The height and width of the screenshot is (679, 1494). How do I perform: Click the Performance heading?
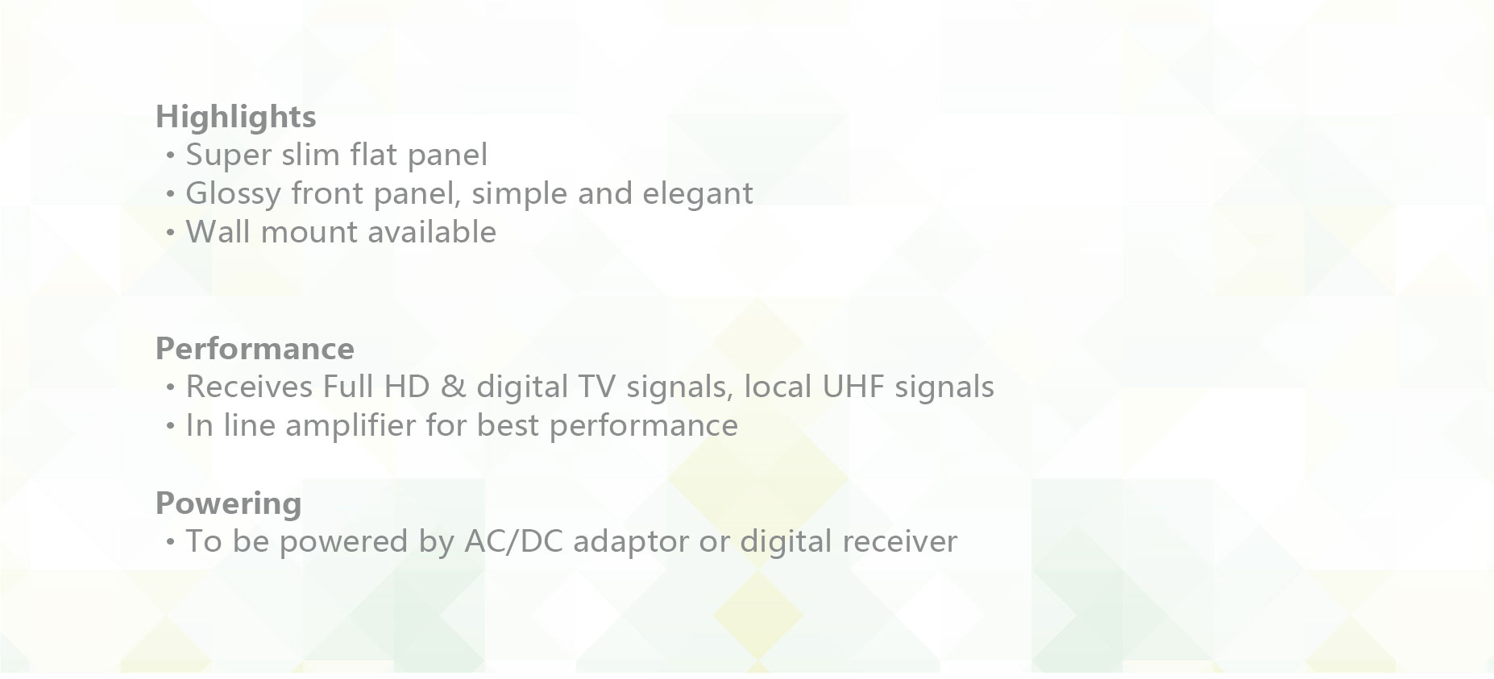click(x=255, y=349)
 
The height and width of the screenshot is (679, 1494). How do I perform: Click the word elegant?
click(x=698, y=194)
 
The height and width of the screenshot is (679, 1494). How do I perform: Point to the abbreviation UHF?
click(x=854, y=387)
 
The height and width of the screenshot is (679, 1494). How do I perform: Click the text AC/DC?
click(x=513, y=541)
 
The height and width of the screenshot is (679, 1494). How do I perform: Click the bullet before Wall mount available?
click(x=170, y=233)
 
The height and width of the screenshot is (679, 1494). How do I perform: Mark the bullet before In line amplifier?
click(x=170, y=426)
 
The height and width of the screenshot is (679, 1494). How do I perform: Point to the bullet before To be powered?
click(x=170, y=542)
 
